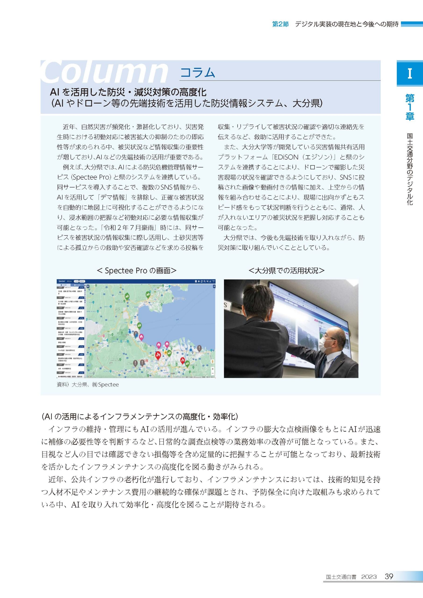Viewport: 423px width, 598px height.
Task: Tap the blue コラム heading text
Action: (x=197, y=73)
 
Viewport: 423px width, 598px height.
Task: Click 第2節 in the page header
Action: (x=280, y=24)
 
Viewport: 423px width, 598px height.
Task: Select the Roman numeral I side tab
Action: (x=409, y=74)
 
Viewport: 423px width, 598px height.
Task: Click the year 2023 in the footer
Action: (x=369, y=577)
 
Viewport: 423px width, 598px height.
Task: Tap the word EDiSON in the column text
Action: (x=285, y=157)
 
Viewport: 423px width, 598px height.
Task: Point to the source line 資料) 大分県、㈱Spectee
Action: (x=88, y=385)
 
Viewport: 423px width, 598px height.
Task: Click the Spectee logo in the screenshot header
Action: (x=61, y=281)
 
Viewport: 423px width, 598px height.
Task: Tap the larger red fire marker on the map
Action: (x=158, y=355)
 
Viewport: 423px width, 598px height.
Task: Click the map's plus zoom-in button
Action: (x=213, y=369)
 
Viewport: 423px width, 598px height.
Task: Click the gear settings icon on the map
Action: (x=88, y=286)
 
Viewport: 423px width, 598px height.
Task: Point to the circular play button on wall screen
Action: (x=308, y=336)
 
